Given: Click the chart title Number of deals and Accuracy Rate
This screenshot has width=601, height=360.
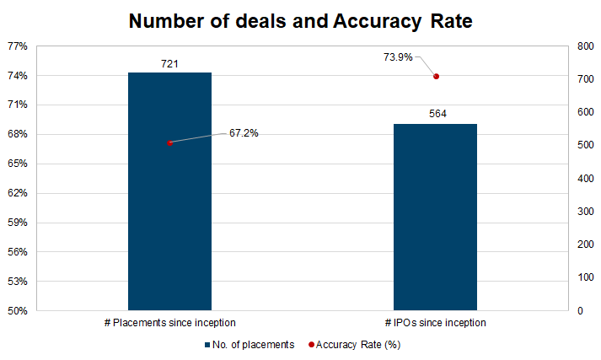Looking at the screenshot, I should [300, 21].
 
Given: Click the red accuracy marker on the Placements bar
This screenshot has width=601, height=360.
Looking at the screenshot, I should [170, 143].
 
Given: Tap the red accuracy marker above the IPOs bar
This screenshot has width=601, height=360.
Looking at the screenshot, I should [437, 77].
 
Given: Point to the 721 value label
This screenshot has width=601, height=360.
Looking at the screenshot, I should [169, 63].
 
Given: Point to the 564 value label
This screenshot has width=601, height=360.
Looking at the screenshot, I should [437, 115].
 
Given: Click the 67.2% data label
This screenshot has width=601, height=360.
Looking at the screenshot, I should [244, 133].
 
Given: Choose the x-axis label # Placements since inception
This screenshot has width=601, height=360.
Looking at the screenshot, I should [169, 323].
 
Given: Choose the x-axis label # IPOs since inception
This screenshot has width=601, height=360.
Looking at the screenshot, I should [436, 323].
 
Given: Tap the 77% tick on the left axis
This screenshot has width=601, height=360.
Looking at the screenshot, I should [18, 46].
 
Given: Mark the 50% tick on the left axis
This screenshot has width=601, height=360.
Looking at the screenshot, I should [18, 311].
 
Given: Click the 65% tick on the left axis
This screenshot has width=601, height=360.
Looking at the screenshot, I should [18, 164].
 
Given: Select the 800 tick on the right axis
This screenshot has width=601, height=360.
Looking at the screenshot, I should [584, 46].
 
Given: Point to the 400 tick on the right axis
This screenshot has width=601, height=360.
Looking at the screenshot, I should [584, 179].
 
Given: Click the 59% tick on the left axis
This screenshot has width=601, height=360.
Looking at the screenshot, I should [18, 223].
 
